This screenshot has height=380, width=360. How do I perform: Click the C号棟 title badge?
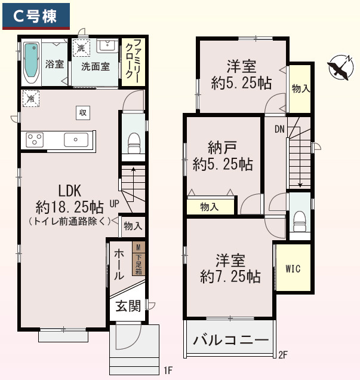[35, 17]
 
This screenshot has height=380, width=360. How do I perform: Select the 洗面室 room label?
[96, 66]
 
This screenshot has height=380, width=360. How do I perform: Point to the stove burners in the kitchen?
[35, 140]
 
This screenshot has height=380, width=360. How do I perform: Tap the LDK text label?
[69, 191]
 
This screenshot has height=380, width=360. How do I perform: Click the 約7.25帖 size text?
[230, 277]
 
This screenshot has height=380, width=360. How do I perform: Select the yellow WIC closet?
[293, 268]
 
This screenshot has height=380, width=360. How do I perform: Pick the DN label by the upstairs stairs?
[279, 129]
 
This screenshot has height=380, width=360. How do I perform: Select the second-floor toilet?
[300, 218]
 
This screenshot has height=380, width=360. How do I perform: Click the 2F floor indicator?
[283, 354]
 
